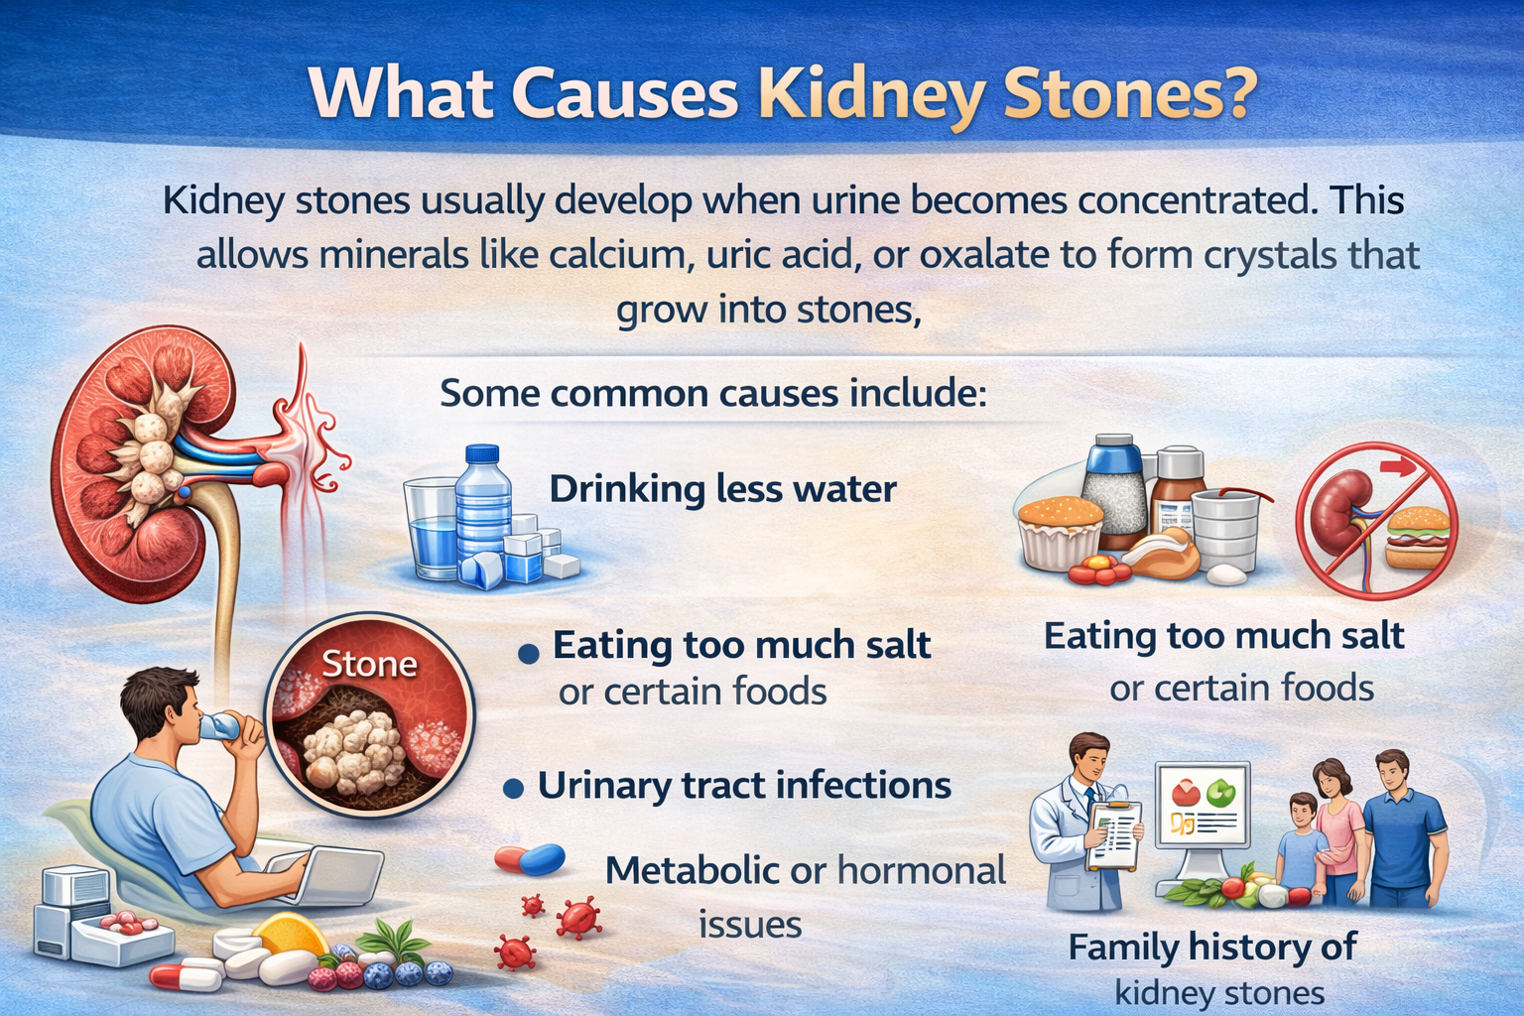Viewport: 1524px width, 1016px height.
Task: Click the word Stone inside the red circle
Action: [x=369, y=664]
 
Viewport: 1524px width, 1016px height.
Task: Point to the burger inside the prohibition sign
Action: [x=1418, y=537]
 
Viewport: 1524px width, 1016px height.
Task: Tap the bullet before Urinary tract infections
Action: [x=514, y=789]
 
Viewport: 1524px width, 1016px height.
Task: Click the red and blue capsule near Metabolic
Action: [x=530, y=859]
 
